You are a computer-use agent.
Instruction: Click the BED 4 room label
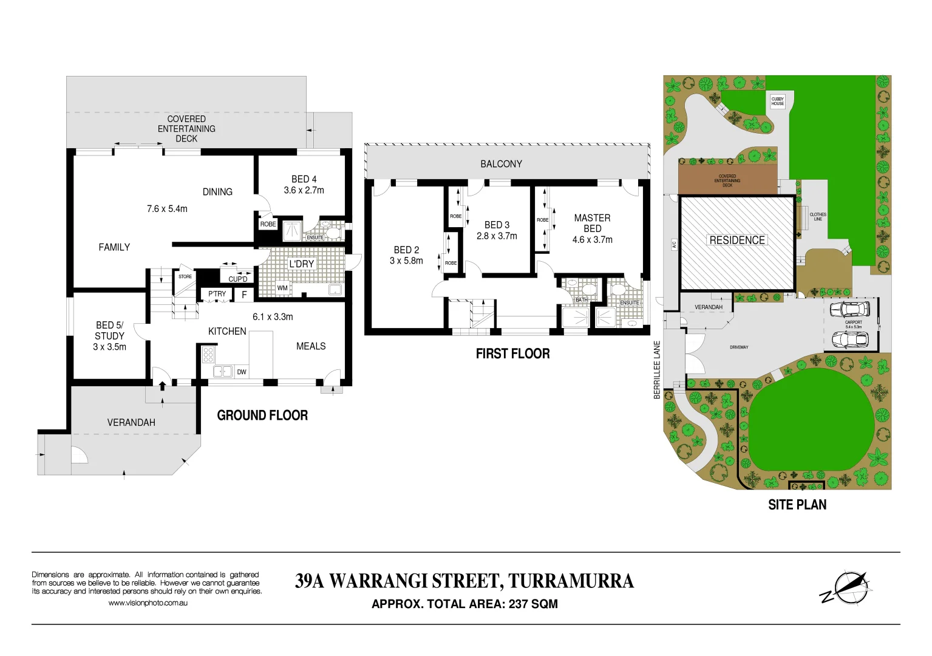pos(304,179)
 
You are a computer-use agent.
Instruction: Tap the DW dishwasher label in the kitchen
pos(242,372)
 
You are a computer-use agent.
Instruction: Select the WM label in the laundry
pos(282,288)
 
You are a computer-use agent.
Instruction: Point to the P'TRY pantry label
pos(217,294)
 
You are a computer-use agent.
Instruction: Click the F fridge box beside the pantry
pos(244,295)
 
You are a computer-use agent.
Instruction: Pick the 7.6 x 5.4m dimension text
pos(167,209)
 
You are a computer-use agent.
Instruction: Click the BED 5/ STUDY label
pos(109,330)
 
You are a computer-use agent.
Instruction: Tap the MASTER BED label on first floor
pos(592,223)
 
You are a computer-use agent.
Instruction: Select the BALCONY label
pos(501,164)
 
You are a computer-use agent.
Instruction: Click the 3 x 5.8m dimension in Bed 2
pos(406,261)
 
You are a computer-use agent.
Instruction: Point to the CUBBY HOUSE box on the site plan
pos(777,101)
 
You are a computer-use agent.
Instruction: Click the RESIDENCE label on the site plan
pos(737,240)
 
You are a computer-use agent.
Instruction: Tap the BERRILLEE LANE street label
pos(657,369)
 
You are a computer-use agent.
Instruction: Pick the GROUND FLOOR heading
pos(262,415)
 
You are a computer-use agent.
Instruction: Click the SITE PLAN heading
pos(797,505)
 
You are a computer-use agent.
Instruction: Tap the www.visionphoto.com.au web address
pos(148,603)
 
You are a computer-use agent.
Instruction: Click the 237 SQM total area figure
pos(533,604)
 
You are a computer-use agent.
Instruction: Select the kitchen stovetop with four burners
pos(208,354)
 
